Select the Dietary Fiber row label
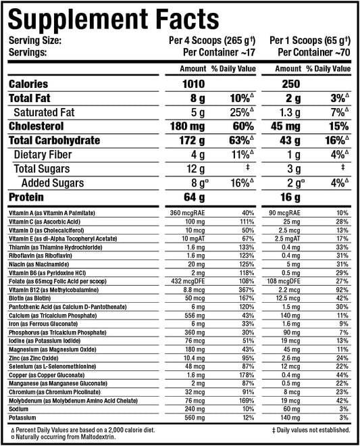(x=45, y=155)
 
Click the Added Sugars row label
(x=53, y=183)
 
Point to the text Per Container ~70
(x=315, y=51)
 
